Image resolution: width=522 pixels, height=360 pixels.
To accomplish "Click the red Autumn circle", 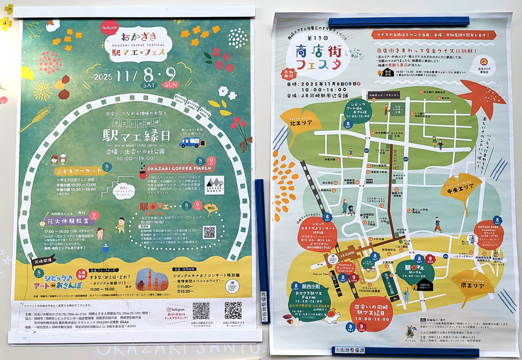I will (x=109, y=28).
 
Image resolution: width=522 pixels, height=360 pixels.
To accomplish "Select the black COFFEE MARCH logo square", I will (x=214, y=185).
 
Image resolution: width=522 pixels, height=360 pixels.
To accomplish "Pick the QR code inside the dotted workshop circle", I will (x=209, y=232).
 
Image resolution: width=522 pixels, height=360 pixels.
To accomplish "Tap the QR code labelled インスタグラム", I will (x=201, y=311).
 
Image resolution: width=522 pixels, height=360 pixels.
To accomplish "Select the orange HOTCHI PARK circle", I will (x=489, y=234).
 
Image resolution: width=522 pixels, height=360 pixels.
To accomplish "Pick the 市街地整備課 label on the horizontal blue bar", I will (x=349, y=350).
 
